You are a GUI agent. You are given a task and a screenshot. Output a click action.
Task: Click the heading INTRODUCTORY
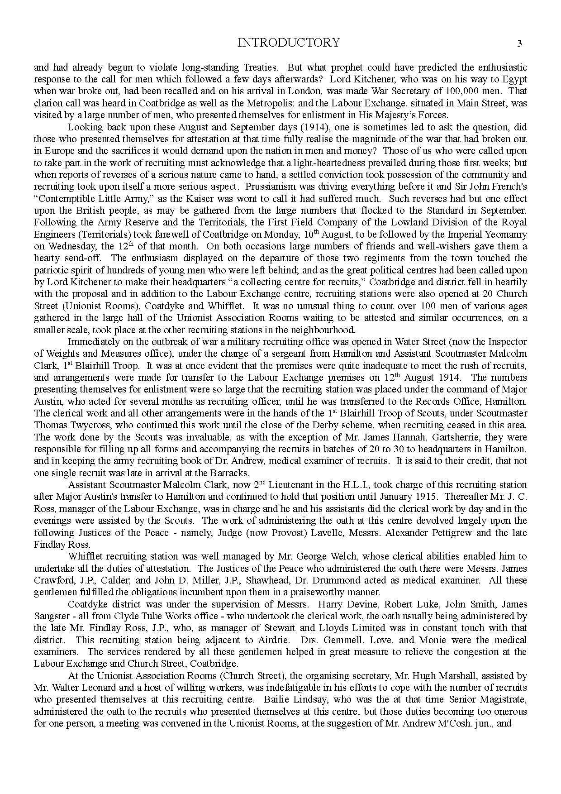pyautogui.click(x=288, y=43)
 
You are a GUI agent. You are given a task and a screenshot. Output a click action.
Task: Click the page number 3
pyautogui.click(x=519, y=43)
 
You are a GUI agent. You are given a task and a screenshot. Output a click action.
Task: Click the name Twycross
pyautogui.click(x=86, y=425)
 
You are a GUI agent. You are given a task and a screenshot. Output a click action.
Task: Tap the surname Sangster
pyautogui.click(x=51, y=616)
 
